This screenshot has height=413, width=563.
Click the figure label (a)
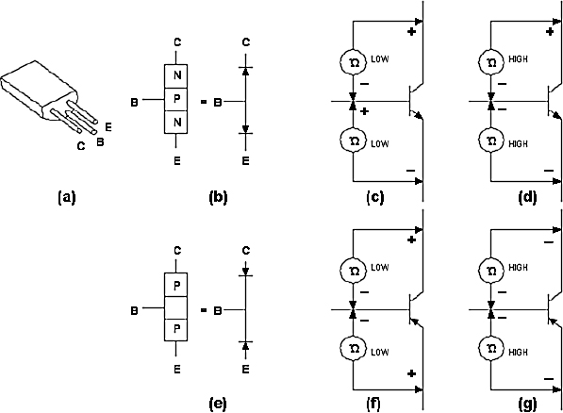[x=67, y=197]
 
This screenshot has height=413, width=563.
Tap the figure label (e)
[x=218, y=404]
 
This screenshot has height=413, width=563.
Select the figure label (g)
[x=528, y=404]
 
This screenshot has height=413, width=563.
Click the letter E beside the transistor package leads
[x=108, y=127]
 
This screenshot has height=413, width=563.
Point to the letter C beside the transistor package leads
[x=81, y=146]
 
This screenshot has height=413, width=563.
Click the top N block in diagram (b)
[x=176, y=76]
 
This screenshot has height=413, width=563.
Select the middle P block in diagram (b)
[x=176, y=100]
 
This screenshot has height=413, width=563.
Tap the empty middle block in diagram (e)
[x=176, y=308]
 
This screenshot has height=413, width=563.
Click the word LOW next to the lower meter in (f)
[x=380, y=353]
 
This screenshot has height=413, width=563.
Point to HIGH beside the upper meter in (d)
[x=518, y=58]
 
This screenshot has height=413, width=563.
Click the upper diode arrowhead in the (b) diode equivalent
[x=245, y=71]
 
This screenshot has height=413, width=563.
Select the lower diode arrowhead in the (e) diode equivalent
[x=245, y=345]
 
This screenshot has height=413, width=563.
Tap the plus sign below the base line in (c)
[x=364, y=111]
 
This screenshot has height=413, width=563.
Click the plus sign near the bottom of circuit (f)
[x=412, y=373]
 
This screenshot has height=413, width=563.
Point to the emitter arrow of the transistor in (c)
[x=418, y=114]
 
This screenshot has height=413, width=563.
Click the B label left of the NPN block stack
[x=134, y=103]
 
